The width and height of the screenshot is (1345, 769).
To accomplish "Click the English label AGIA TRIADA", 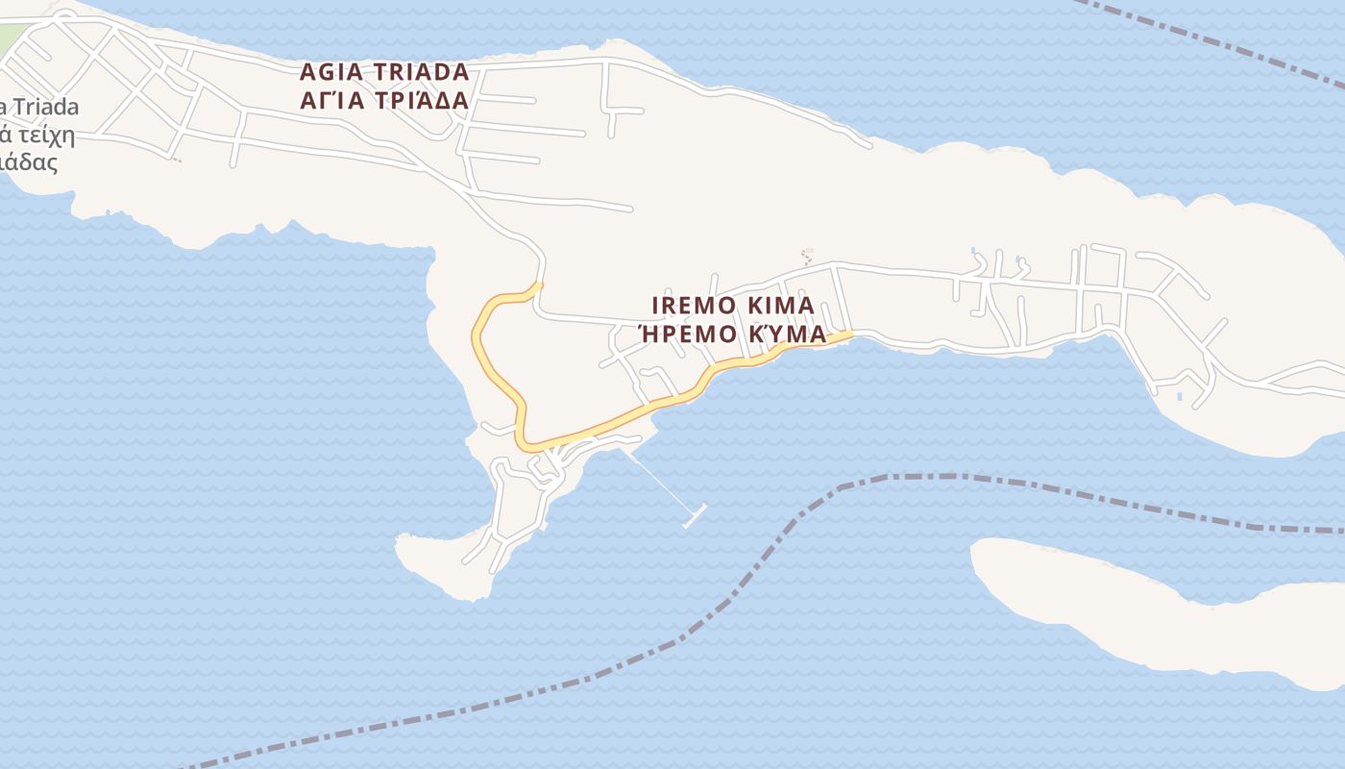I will tap(384, 72).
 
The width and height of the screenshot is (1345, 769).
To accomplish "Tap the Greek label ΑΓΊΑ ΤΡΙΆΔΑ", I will tap(384, 100).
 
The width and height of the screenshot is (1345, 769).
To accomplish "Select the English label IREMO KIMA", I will tap(733, 306).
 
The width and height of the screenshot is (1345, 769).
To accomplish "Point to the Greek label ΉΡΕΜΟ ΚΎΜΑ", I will tap(733, 334).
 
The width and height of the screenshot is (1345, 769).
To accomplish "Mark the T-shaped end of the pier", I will tap(695, 515).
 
